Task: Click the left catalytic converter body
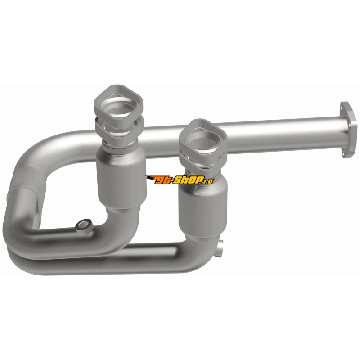121,177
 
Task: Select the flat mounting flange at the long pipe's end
348,130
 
